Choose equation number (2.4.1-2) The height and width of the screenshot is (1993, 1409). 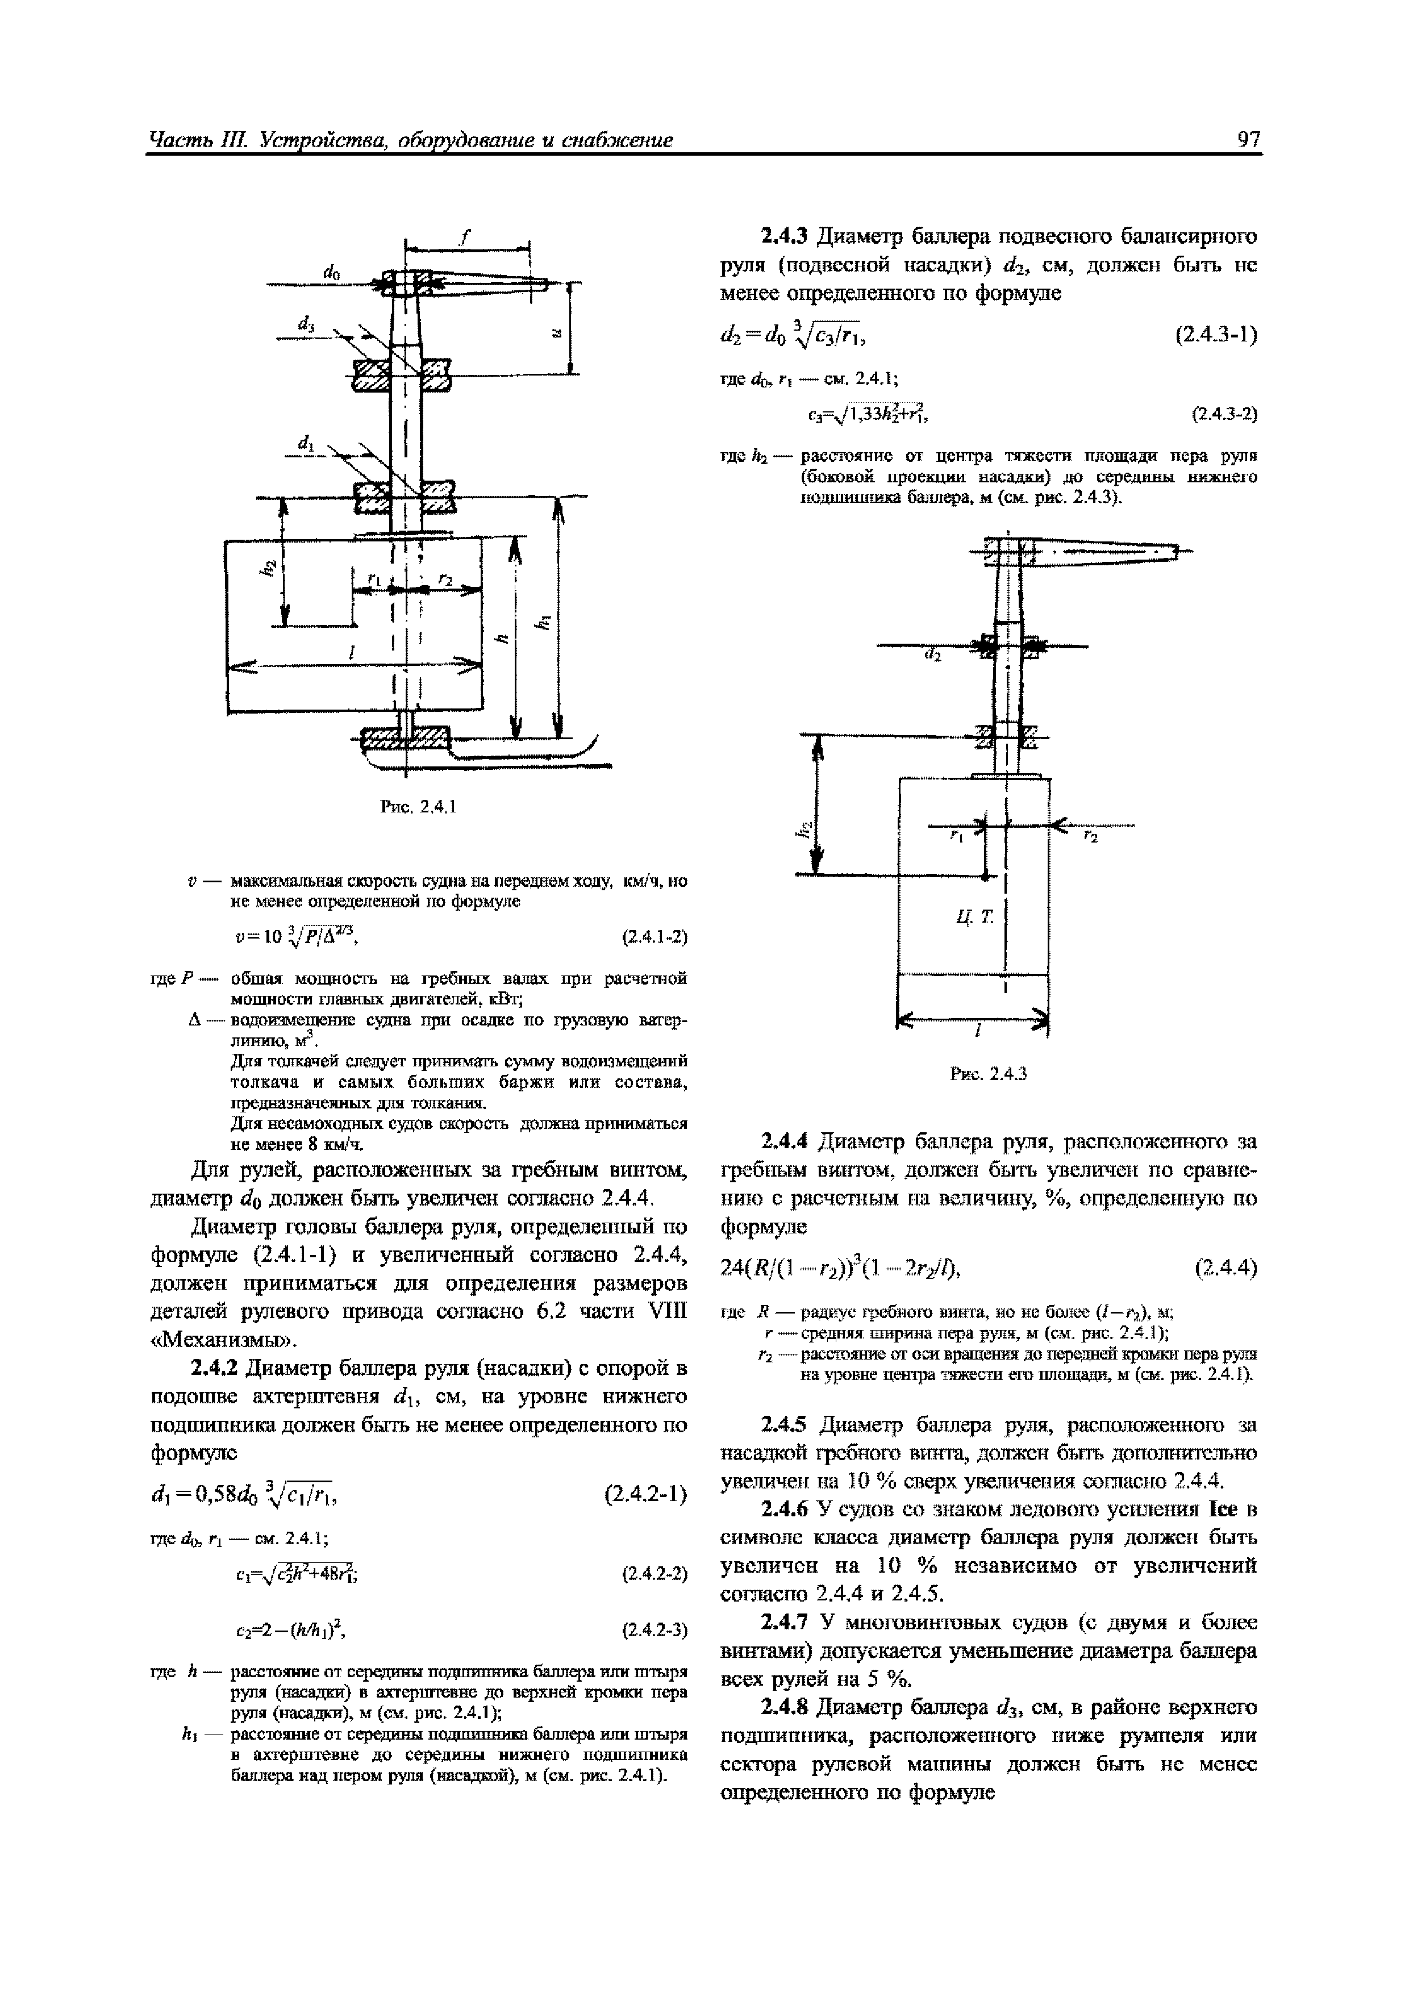pos(655,937)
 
